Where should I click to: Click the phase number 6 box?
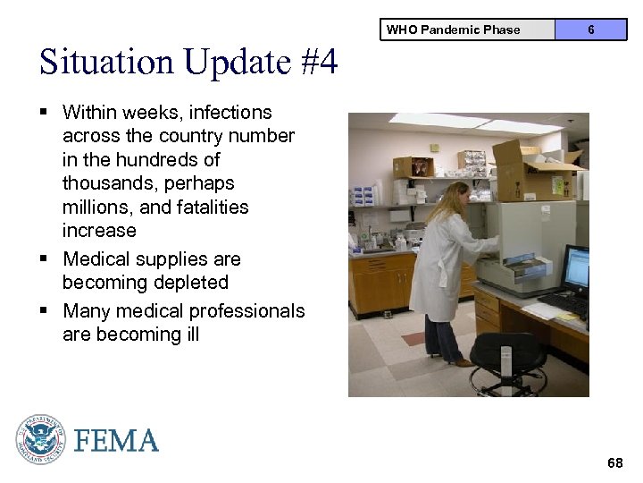590,30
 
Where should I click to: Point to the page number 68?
614,462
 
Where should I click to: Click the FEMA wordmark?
116,441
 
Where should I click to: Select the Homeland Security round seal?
40,439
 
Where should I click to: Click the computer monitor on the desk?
576,270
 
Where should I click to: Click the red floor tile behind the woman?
413,339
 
